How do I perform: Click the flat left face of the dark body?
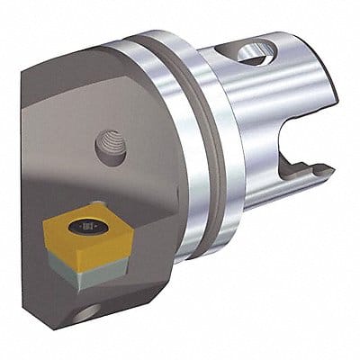(x=36, y=135)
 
